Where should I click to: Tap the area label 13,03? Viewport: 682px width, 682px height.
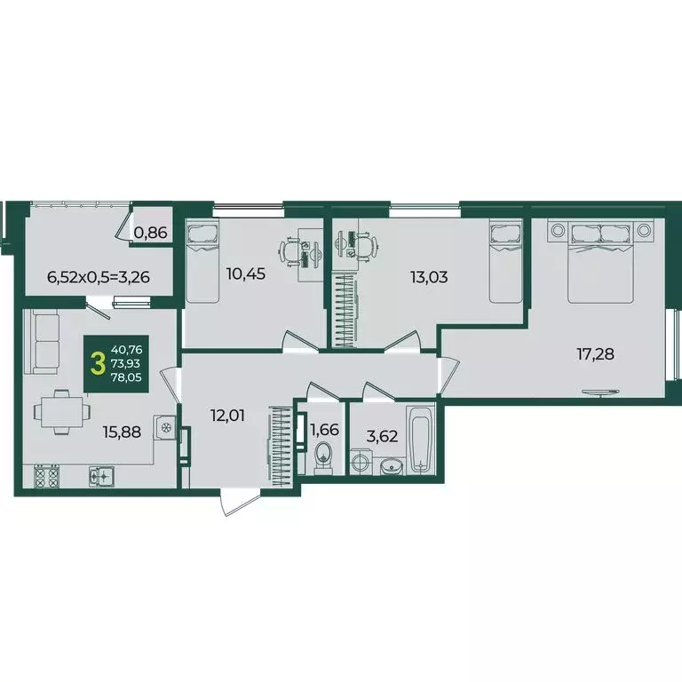coord(427,276)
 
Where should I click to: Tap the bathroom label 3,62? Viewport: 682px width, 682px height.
coord(384,436)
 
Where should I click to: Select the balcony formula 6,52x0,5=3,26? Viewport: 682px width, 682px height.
coord(98,276)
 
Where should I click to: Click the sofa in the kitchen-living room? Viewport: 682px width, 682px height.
coord(41,342)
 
